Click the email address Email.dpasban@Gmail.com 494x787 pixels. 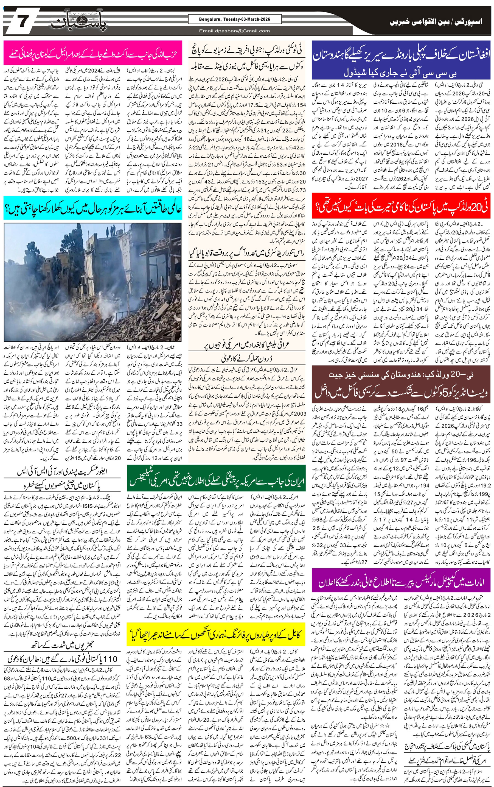point(234,31)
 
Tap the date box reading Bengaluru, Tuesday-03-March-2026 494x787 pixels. point(234,19)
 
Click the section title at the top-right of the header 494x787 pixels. point(436,22)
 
